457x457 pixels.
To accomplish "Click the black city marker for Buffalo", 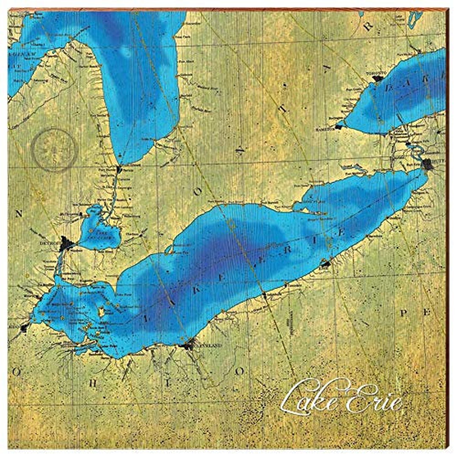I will (x=427, y=164).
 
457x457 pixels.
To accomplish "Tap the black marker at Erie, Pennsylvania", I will (x=325, y=264).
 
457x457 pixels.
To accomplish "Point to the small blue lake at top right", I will (x=415, y=18).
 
